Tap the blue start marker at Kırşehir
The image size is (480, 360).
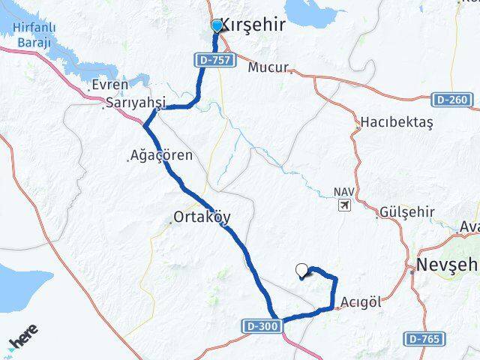[217, 26]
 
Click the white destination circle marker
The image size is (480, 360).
[302, 270]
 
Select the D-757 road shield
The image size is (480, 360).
[215, 58]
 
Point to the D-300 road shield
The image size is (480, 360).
[263, 326]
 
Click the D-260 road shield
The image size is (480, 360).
[452, 99]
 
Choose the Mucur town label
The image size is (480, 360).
[268, 67]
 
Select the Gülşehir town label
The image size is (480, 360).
[408, 211]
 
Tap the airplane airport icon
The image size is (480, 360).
[344, 205]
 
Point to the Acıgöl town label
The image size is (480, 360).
[361, 301]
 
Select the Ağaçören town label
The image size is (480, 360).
[162, 156]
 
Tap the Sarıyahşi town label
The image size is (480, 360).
[136, 103]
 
